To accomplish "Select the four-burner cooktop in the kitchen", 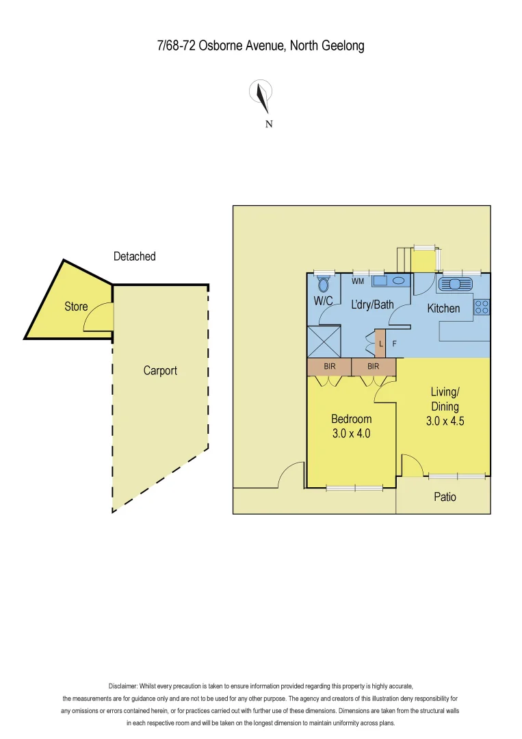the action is click(x=482, y=307).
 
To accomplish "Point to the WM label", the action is click(x=358, y=281).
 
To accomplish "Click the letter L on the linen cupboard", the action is click(x=381, y=344).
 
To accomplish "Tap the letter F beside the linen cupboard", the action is click(x=393, y=344).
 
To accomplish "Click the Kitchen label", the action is click(x=443, y=309).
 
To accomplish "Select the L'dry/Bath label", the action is click(x=372, y=304).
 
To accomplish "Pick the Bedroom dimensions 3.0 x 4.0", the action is click(x=351, y=433).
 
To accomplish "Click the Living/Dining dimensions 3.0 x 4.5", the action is click(x=445, y=422).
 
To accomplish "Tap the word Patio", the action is click(x=445, y=497).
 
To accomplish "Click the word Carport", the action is click(x=160, y=371).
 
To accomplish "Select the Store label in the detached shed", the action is click(x=76, y=307).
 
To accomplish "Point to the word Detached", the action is click(x=135, y=257).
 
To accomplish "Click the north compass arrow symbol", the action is click(x=261, y=96).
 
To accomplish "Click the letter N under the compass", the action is click(x=269, y=124).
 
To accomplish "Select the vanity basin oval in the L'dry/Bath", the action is click(x=398, y=281).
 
